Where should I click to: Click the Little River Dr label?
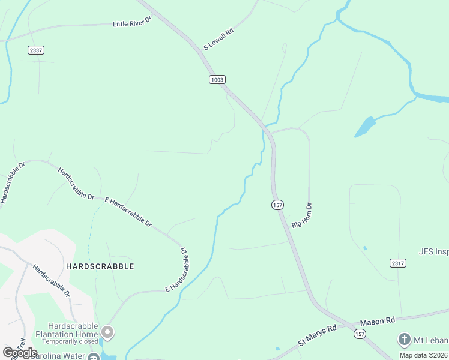(x=133, y=22)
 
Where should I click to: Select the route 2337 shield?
(x=36, y=50)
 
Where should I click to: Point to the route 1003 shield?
(x=217, y=79)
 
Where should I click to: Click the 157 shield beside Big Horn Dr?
(x=277, y=205)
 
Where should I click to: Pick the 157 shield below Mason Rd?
(x=360, y=334)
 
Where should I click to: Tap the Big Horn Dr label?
(x=303, y=215)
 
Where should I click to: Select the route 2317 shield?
(x=397, y=263)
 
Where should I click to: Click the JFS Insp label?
(x=433, y=252)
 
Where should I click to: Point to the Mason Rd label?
(x=378, y=322)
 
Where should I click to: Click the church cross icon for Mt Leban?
(x=404, y=340)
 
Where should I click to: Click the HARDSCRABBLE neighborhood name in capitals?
(x=100, y=266)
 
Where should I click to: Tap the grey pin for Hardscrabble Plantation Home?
(x=107, y=331)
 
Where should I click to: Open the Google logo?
(x=20, y=353)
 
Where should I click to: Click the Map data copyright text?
(x=424, y=355)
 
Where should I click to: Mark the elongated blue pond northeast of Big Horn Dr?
(x=364, y=127)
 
